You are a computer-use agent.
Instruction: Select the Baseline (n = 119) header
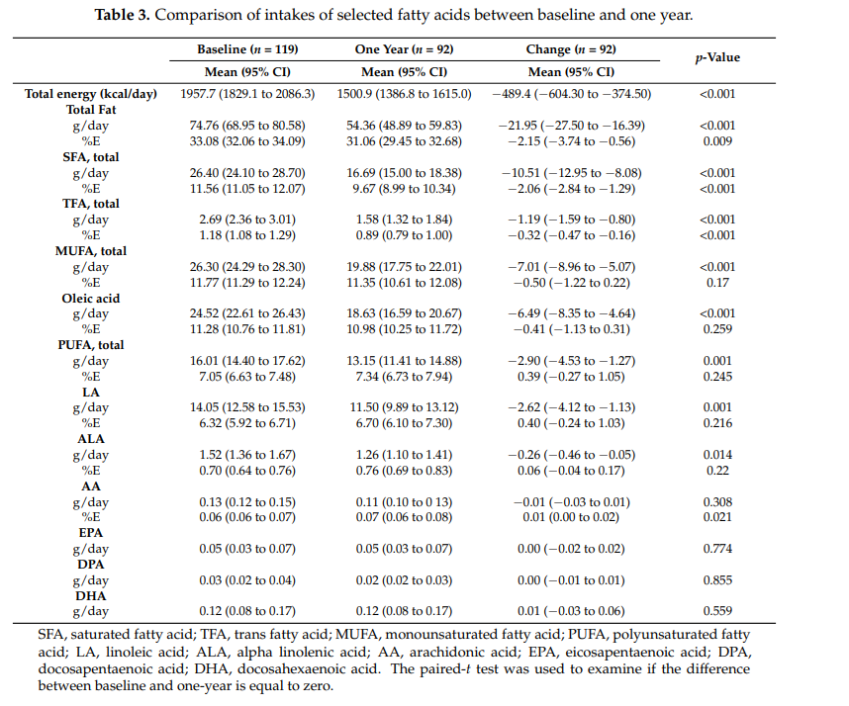(x=247, y=48)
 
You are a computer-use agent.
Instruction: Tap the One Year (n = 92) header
(x=404, y=48)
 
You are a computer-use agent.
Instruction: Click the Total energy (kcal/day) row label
(x=91, y=93)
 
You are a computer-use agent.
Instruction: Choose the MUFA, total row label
(x=91, y=251)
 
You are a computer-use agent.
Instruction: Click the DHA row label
(x=91, y=596)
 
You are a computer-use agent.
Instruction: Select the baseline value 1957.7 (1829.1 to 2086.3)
(x=247, y=93)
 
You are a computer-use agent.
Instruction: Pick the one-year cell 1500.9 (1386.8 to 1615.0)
(x=405, y=93)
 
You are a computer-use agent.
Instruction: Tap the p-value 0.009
(x=717, y=141)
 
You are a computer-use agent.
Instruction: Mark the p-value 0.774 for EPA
(x=717, y=549)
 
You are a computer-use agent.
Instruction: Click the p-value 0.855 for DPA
(x=717, y=580)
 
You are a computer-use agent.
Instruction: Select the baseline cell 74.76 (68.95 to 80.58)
(x=247, y=126)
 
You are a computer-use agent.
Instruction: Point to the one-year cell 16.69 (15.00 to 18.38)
(x=405, y=172)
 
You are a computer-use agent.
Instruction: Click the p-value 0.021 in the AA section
(x=717, y=518)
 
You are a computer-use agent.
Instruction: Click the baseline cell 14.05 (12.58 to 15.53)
(x=247, y=407)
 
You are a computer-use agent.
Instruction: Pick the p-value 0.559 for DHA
(x=717, y=612)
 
